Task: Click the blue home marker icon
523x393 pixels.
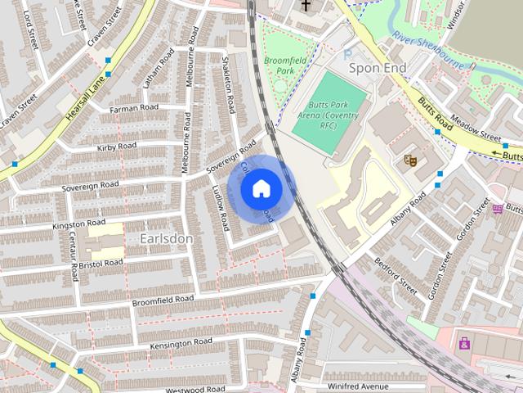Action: click(261, 189)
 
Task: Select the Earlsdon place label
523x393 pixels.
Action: click(166, 238)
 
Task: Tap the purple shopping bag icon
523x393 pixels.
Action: click(464, 343)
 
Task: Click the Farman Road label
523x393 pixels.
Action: click(134, 108)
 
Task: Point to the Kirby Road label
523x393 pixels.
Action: click(116, 147)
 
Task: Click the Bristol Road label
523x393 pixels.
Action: click(101, 263)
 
